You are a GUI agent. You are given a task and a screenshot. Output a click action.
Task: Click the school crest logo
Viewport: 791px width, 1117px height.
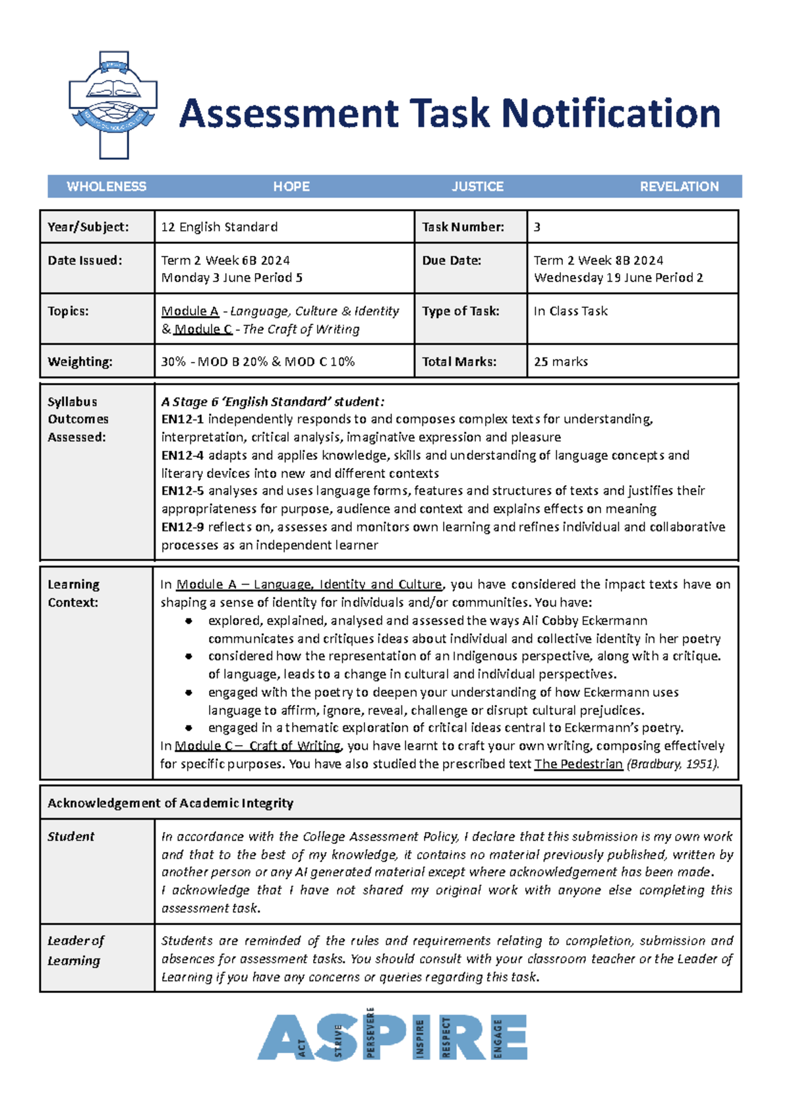pyautogui.click(x=113, y=106)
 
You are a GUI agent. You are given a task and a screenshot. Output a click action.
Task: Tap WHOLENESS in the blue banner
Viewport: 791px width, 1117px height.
pyautogui.click(x=106, y=187)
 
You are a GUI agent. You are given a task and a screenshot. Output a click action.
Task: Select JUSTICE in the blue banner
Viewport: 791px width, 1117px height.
pyautogui.click(x=477, y=187)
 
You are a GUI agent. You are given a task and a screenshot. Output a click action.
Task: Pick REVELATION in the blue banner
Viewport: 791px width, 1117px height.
pyautogui.click(x=679, y=187)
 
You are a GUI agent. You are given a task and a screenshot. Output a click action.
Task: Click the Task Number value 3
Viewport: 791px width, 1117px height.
pyautogui.click(x=537, y=227)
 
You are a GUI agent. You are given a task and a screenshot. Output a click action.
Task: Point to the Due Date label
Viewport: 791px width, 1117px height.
pyautogui.click(x=452, y=260)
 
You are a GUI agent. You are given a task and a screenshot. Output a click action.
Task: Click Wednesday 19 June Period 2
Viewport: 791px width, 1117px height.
pyautogui.click(x=618, y=278)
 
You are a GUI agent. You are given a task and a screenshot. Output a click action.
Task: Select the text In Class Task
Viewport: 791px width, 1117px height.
pyautogui.click(x=570, y=311)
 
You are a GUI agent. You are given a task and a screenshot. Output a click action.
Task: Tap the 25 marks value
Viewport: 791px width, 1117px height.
pyautogui.click(x=560, y=362)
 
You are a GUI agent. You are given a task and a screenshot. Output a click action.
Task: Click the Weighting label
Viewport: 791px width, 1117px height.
pyautogui.click(x=80, y=362)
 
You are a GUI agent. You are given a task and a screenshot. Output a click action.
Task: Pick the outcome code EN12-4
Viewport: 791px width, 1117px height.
pyautogui.click(x=182, y=455)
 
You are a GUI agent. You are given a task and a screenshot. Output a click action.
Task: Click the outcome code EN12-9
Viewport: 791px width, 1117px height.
pyautogui.click(x=182, y=527)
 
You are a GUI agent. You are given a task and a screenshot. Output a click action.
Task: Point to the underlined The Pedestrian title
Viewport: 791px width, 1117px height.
pyautogui.click(x=578, y=764)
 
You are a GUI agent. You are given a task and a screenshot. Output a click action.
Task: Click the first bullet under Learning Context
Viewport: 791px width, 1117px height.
pyautogui.click(x=189, y=621)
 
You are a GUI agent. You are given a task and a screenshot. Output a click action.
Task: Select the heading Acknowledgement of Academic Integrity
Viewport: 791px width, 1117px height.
pyautogui.click(x=170, y=803)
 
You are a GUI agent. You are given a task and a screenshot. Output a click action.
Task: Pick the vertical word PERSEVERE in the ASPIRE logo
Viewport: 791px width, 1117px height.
pyautogui.click(x=370, y=1033)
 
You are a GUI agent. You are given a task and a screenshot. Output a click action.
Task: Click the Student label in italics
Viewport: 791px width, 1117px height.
pyautogui.click(x=71, y=837)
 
